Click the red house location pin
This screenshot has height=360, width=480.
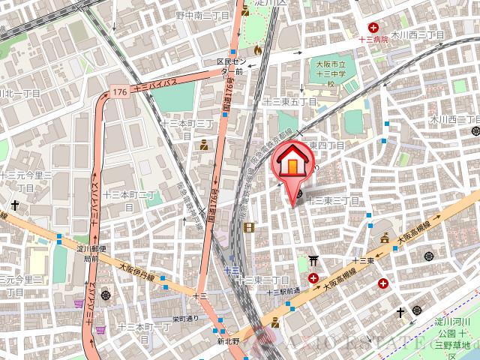292,165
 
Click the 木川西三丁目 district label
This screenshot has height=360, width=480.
417,35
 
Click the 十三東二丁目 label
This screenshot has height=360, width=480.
262,280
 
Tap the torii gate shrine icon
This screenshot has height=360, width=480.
313,261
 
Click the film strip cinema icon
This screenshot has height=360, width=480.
248,227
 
